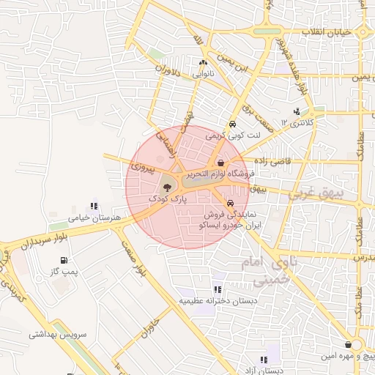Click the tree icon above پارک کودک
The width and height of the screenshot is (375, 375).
[168, 187]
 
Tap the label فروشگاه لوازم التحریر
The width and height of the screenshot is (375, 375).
[220, 174]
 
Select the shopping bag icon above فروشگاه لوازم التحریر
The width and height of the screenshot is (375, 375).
[220, 163]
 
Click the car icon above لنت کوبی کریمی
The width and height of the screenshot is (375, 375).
[232, 125]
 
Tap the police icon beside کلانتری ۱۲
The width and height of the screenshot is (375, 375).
[296, 111]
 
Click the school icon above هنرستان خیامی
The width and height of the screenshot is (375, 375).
[93, 206]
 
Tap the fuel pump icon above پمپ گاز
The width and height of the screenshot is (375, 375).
[67, 259]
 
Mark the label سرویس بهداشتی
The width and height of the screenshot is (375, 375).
[58, 334]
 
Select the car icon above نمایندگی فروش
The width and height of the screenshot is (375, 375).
[231, 204]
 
